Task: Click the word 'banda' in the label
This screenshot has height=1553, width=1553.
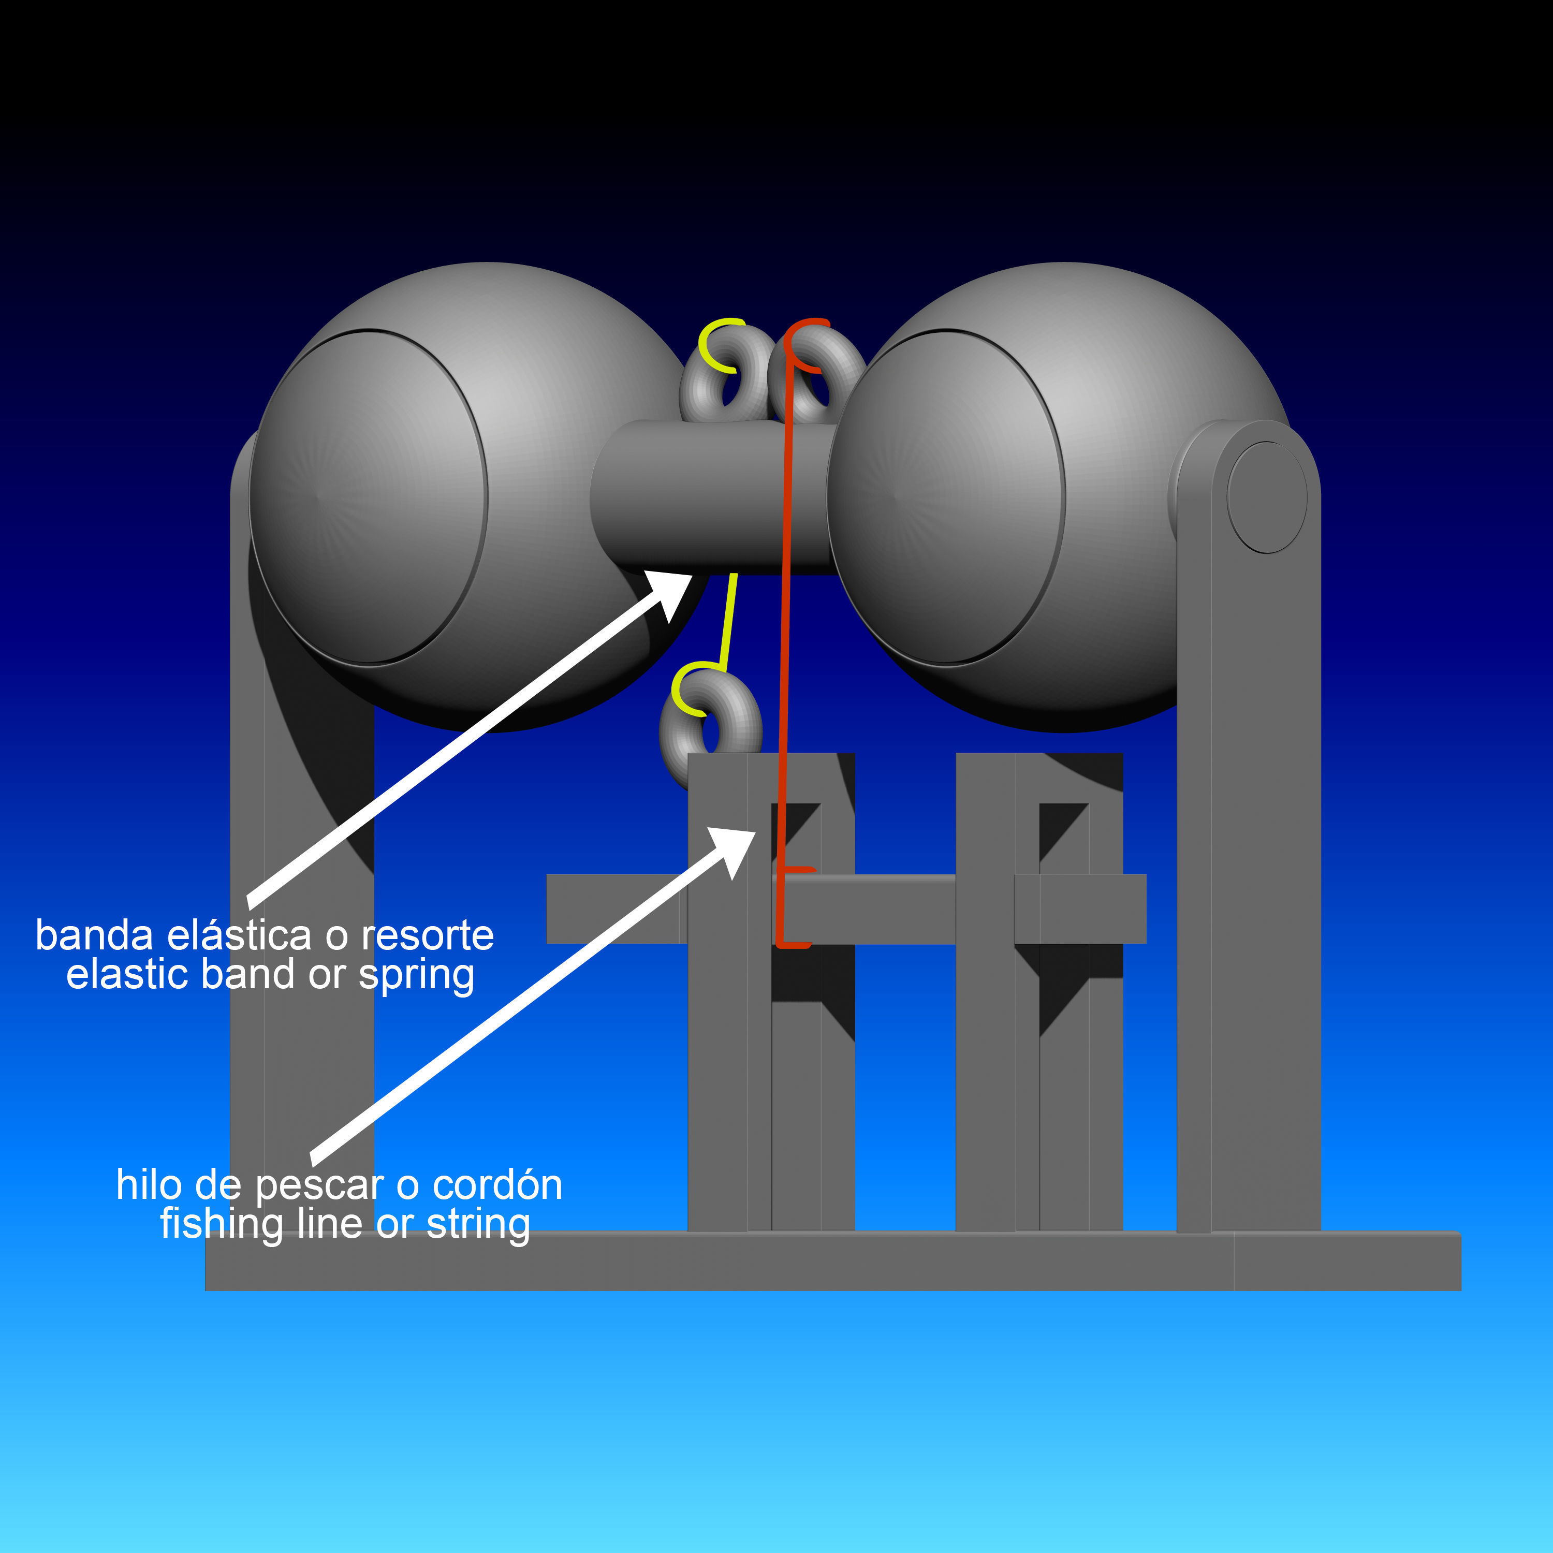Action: tap(94, 935)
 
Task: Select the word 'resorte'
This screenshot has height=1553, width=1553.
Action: tap(428, 935)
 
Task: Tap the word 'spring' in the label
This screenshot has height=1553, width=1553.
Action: tap(416, 976)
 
